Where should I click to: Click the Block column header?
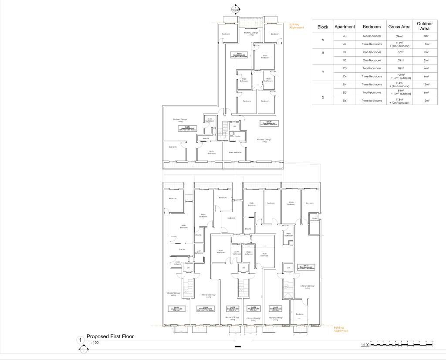pos(323,27)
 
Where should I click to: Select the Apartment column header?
pos(345,27)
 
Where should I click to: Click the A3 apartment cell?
pos(345,36)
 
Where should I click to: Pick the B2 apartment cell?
pos(345,52)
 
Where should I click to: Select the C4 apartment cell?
pos(345,76)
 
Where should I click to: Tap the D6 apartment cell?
pos(345,101)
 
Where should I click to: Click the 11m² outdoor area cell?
pos(427,44)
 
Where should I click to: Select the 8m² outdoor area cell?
pos(427,36)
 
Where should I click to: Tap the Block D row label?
pos(323,97)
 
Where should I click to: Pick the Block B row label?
pos(323,56)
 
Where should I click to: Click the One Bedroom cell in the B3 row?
pos(372,60)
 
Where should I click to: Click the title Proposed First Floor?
pos(110,336)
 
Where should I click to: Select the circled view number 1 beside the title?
pos(80,340)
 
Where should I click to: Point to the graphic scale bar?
pos(401,344)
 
